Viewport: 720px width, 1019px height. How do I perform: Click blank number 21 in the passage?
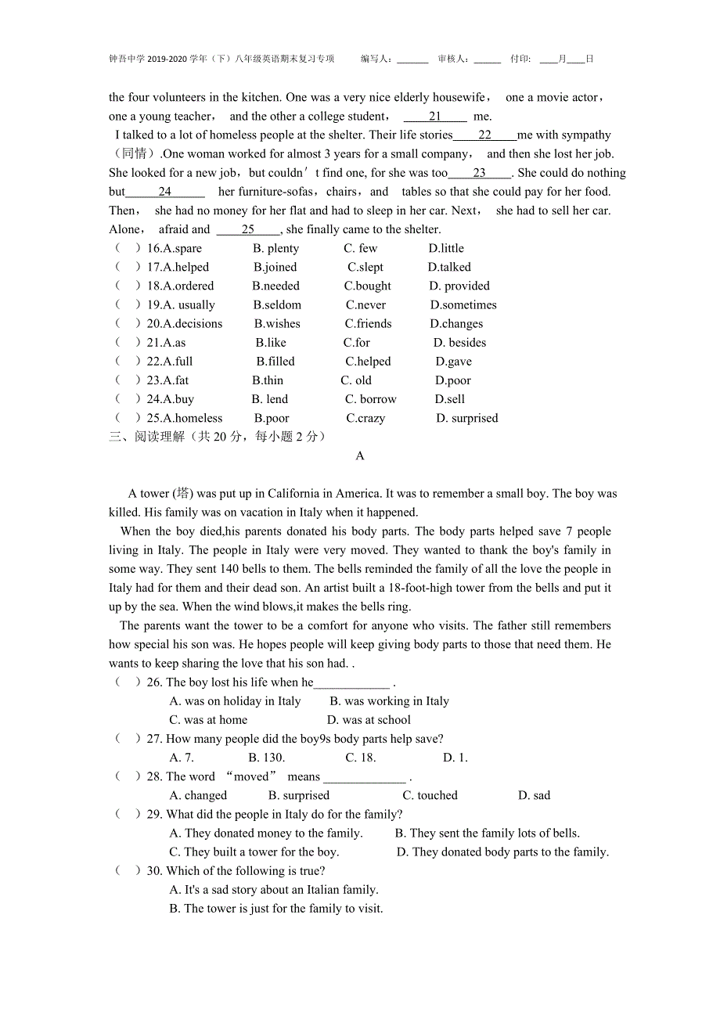pos(435,117)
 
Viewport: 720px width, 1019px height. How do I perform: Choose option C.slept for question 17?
pos(365,268)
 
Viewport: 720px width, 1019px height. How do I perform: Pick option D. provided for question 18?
pos(459,286)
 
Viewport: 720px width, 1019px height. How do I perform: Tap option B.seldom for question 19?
pos(277,305)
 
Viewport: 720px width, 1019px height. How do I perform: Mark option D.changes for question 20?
pos(456,324)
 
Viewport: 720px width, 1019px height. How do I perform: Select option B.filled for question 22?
pos(275,362)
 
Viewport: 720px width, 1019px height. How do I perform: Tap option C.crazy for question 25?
pos(365,419)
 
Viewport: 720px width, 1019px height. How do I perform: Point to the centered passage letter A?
pos(360,455)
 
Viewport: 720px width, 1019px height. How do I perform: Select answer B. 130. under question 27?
pos(266,758)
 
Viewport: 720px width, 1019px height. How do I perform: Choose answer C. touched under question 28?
pos(430,795)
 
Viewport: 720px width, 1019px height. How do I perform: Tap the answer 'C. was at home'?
pos(208,720)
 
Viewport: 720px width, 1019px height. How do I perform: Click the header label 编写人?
pos(376,59)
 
